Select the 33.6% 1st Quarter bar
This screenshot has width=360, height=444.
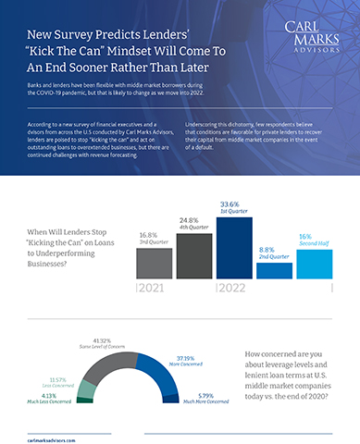235,242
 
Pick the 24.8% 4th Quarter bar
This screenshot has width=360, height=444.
194,252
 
